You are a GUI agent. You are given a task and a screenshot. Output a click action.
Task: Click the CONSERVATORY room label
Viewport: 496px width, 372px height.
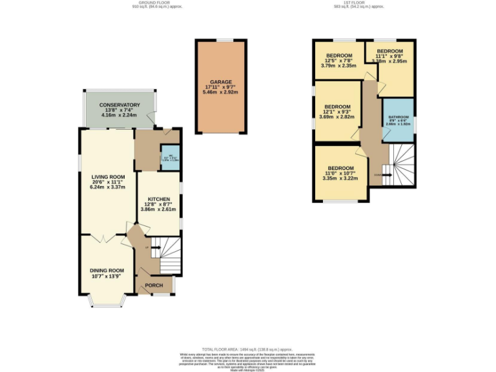pyautogui.click(x=119, y=105)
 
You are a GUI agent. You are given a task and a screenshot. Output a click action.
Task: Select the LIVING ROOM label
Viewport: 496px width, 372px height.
pyautogui.click(x=108, y=176)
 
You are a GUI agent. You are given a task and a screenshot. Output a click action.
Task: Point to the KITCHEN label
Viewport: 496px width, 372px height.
pyautogui.click(x=158, y=199)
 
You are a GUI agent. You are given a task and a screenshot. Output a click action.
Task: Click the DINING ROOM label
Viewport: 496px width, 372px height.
pyautogui.click(x=107, y=271)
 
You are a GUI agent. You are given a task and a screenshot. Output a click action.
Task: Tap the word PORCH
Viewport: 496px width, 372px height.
pyautogui.click(x=154, y=285)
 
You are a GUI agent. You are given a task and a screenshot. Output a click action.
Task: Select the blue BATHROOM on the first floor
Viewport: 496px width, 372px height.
pyautogui.click(x=398, y=119)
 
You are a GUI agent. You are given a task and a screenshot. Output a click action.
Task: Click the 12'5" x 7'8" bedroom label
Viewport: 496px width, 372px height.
pyautogui.click(x=338, y=56)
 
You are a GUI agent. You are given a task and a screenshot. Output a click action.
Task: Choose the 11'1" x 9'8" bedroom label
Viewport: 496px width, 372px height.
pyautogui.click(x=389, y=52)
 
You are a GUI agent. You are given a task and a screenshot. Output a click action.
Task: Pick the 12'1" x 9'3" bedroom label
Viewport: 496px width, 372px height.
pyautogui.click(x=337, y=107)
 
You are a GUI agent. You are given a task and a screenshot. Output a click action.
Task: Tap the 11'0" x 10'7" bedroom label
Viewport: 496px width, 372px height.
pyautogui.click(x=340, y=169)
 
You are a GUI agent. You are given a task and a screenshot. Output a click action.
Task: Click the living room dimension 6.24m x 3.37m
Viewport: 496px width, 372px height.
pyautogui.click(x=108, y=187)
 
